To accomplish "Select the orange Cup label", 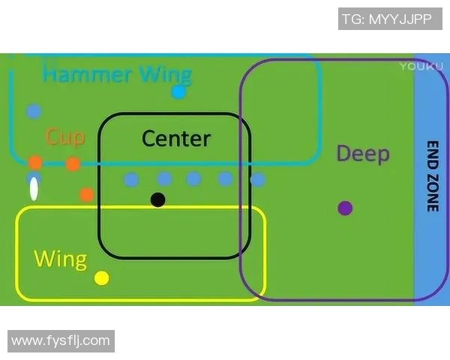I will pos(64,137).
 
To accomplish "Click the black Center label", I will pos(176,138).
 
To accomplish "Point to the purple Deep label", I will pos(363,154).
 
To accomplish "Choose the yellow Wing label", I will pos(60,259).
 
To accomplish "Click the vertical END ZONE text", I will pos(432,176).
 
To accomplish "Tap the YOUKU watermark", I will pos(417,66).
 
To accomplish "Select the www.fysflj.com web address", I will pos(61,341).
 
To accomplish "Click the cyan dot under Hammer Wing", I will pos(178,92).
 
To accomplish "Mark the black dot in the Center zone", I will pos(157,199).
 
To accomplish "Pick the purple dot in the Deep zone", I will pos(345,208).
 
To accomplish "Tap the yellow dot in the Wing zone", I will pos(102,278).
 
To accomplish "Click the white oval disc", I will pos(34,189).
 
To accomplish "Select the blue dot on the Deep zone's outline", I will pos(257,180).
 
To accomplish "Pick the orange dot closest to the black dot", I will pos(87,194).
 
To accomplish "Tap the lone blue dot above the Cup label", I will pos(33,112).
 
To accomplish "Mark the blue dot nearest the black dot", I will pos(164,178).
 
